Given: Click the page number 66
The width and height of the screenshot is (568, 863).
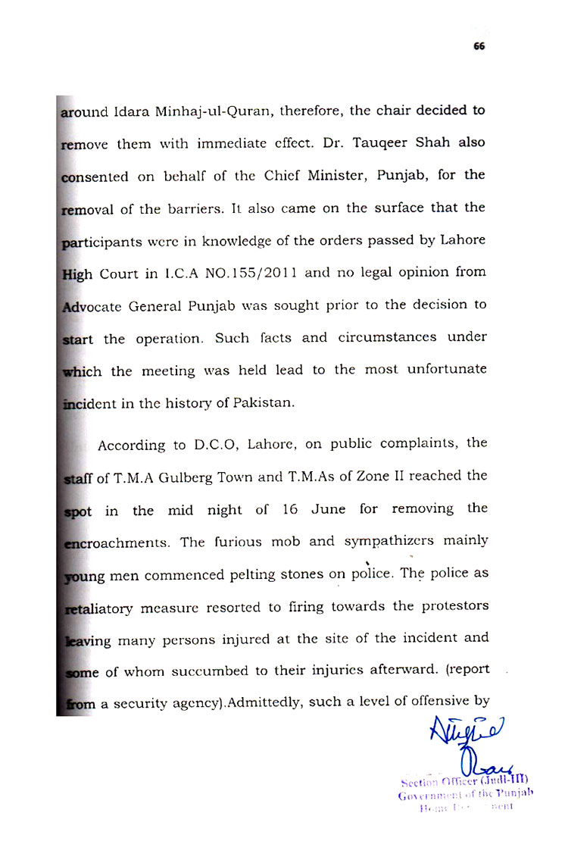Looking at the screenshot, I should coord(479,45).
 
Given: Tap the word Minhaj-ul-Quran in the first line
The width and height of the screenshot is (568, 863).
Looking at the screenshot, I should coord(223,111).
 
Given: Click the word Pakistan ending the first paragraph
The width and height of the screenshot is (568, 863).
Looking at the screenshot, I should coord(264,403).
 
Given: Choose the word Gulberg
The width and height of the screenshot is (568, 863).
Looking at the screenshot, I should coord(199,476).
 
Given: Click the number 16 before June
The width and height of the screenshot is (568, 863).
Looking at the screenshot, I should coord(290,509).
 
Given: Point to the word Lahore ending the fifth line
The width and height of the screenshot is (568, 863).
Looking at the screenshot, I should coord(463,240).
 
